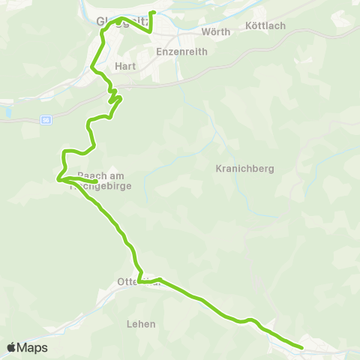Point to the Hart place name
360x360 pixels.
(x=124, y=66)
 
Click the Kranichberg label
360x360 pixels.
(x=238, y=168)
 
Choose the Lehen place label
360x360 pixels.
(x=142, y=324)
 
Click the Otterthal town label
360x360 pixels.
(x=139, y=282)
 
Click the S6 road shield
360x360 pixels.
(x=46, y=120)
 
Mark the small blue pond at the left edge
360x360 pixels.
(x=7, y=112)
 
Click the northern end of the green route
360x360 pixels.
(x=153, y=13)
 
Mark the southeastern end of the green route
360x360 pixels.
(x=301, y=347)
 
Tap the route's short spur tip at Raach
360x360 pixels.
(x=97, y=181)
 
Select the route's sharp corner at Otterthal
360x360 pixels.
(x=139, y=282)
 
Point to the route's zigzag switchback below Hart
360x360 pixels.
(x=113, y=97)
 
